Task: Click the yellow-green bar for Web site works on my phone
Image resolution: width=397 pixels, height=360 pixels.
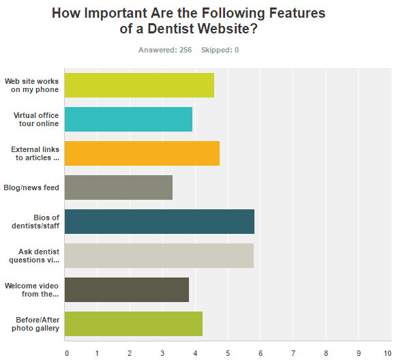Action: pos(139,85)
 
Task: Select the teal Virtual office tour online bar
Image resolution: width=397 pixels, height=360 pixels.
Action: pos(128,119)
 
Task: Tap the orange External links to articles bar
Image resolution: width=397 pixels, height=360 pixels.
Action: pos(142,153)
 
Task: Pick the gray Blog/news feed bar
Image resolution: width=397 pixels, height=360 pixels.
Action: pos(119,187)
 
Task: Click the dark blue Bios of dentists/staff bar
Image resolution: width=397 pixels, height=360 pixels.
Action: pos(160,222)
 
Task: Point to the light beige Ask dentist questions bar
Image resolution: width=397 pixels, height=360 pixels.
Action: pos(159,256)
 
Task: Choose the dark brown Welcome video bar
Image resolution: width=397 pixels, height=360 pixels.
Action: pos(127,290)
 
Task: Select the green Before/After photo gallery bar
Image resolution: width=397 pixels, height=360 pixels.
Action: pos(134,324)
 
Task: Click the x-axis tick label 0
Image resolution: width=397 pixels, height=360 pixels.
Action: pos(67,353)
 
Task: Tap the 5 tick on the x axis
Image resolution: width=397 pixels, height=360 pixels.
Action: pos(228,353)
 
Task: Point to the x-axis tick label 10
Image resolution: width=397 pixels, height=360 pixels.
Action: pos(387,353)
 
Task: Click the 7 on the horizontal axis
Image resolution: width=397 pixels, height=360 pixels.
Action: pos(293,353)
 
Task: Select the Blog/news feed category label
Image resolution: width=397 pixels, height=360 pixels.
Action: pos(31,187)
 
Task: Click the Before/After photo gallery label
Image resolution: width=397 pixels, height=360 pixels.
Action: pos(35,324)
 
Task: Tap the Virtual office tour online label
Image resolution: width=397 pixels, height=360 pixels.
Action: pos(36,119)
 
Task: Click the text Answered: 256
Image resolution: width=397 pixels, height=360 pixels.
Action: pos(165,50)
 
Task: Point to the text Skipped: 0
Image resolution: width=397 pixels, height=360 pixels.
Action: pos(220,50)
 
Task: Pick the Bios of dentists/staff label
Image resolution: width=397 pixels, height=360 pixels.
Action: pos(35,222)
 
